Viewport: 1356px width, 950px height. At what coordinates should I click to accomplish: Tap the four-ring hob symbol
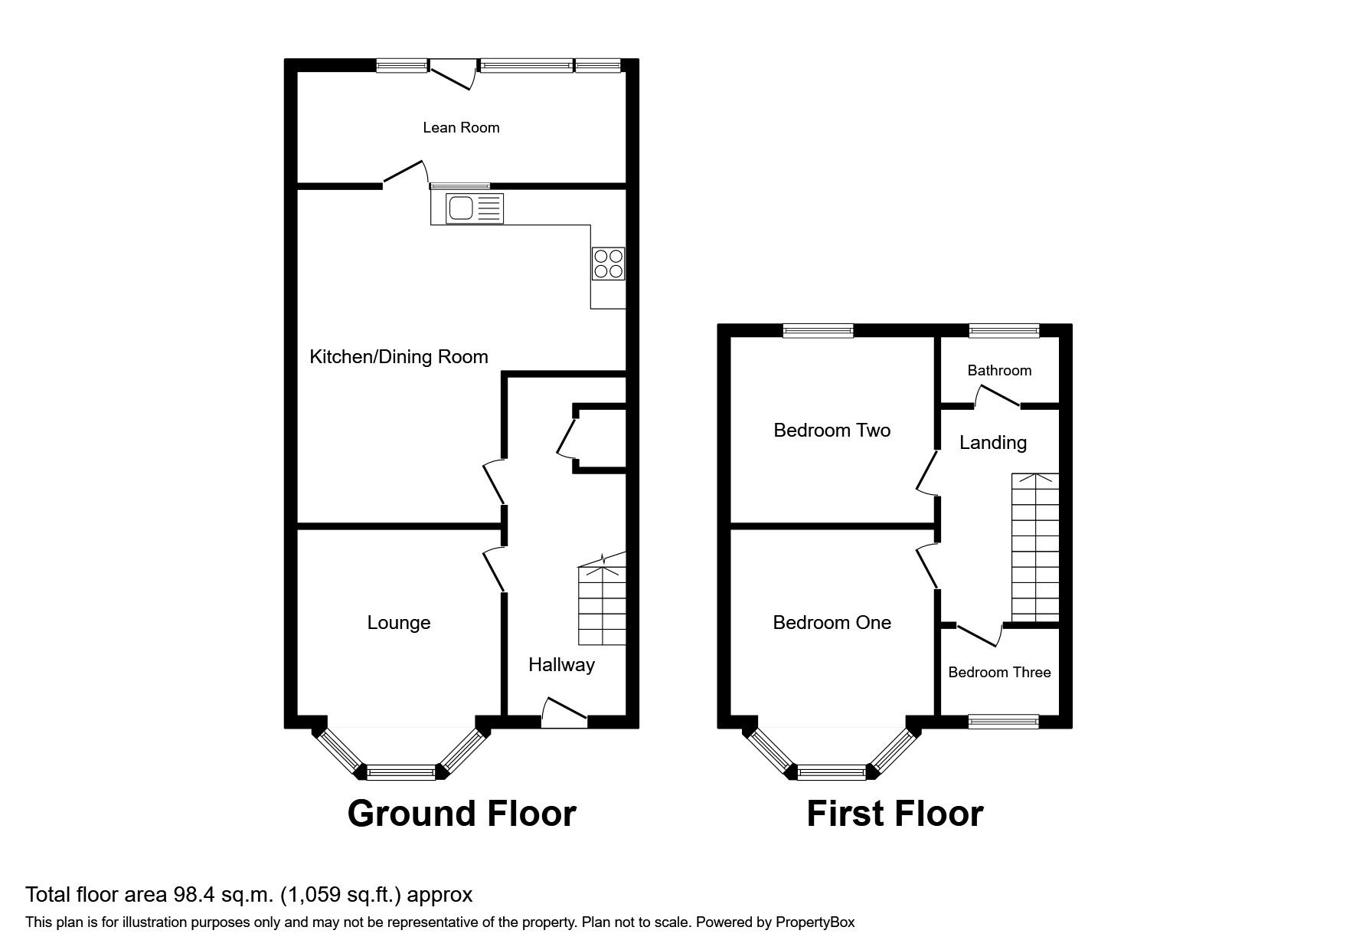tap(608, 264)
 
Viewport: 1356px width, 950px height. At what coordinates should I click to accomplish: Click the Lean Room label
tap(461, 128)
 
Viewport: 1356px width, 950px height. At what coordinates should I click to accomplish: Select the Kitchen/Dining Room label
tap(398, 357)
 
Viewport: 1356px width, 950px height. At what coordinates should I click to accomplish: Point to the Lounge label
tap(398, 623)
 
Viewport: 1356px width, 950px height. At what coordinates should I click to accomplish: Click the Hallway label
tap(561, 665)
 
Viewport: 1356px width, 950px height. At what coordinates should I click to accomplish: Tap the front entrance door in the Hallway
tap(564, 712)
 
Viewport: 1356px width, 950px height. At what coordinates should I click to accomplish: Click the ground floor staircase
tap(602, 605)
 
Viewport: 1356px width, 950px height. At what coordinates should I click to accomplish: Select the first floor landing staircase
tap(1035, 547)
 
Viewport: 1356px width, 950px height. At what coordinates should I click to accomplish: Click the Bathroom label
tap(999, 371)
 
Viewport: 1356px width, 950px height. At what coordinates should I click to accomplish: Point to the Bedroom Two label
tap(832, 431)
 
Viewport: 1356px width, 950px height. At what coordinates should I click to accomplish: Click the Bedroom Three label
tap(999, 673)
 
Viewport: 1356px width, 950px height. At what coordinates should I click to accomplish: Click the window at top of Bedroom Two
tap(818, 331)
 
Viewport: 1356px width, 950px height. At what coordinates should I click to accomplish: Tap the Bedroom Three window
tap(1003, 721)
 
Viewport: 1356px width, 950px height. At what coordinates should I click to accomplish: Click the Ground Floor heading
tap(461, 814)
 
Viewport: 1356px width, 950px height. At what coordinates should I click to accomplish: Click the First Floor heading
tap(894, 814)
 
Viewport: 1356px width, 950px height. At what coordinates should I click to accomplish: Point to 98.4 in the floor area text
tap(204, 895)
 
